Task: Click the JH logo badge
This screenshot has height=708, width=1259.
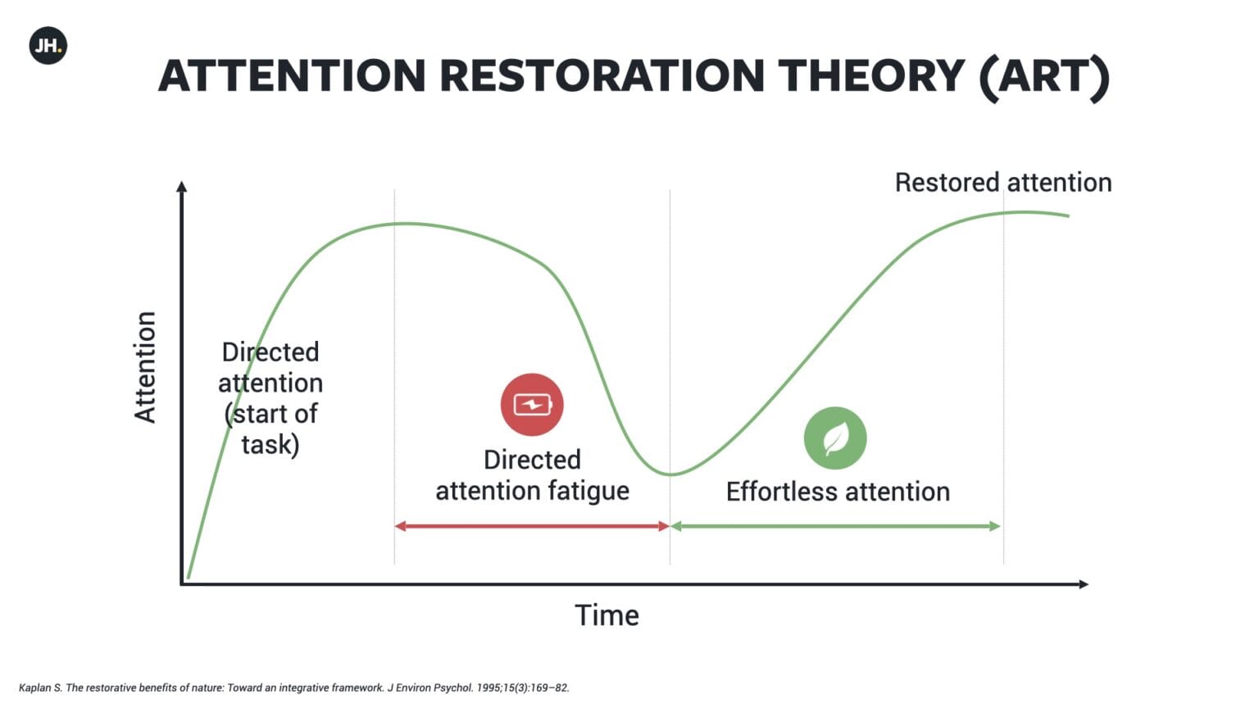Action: pyautogui.click(x=48, y=46)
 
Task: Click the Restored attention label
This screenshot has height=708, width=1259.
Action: pyautogui.click(x=1003, y=183)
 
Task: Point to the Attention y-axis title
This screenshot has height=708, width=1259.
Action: pyautogui.click(x=145, y=367)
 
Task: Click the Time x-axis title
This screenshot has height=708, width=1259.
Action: pyautogui.click(x=607, y=615)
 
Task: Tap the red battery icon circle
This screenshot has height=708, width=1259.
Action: pyautogui.click(x=532, y=405)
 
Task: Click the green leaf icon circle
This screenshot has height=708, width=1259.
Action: pyautogui.click(x=835, y=438)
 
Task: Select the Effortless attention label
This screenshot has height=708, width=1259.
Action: pyautogui.click(x=838, y=492)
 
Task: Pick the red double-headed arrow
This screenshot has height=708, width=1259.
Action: pyautogui.click(x=532, y=527)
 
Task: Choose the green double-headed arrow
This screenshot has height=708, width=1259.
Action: pyautogui.click(x=836, y=527)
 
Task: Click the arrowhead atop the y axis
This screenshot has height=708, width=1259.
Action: pyautogui.click(x=181, y=187)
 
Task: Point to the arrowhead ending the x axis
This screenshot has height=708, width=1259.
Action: pyautogui.click(x=1084, y=584)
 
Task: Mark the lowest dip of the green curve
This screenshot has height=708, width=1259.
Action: pyautogui.click(x=670, y=474)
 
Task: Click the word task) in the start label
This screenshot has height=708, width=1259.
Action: pyautogui.click(x=270, y=444)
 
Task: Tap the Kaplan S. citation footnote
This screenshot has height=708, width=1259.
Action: pyautogui.click(x=294, y=688)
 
